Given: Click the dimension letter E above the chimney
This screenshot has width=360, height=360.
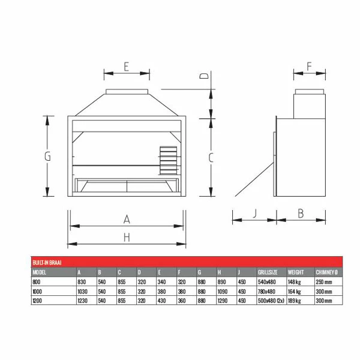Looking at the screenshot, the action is tap(126, 67).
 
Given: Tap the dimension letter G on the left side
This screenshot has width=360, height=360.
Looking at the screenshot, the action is tap(47, 157).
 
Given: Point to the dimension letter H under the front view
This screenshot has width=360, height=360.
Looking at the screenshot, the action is tap(127, 238).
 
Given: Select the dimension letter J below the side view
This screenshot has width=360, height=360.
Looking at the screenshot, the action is tap(254, 213).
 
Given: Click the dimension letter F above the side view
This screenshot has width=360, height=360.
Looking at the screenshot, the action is tap(309, 67).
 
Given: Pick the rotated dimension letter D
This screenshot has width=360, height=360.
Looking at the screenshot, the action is tap(204, 76).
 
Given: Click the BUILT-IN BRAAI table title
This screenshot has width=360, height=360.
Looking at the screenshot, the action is tap(47, 263).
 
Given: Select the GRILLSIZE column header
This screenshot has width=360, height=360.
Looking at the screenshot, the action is tap(268, 272).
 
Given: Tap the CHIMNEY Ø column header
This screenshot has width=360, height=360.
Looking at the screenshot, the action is tap(326, 272).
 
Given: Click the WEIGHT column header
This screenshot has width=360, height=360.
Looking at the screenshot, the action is tap(296, 272).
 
